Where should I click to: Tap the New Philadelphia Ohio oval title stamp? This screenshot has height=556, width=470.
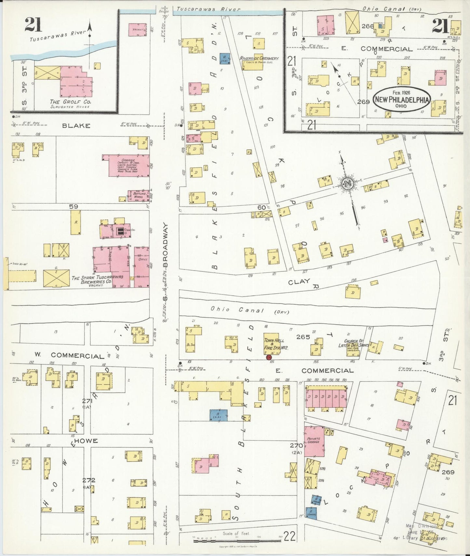tap(402, 99)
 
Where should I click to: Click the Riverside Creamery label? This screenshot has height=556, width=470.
tap(259, 59)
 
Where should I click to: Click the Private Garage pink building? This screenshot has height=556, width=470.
tap(314, 441)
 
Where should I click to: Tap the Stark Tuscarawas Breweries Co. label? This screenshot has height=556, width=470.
tap(97, 279)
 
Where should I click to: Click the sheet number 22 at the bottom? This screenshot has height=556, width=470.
tap(289, 536)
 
